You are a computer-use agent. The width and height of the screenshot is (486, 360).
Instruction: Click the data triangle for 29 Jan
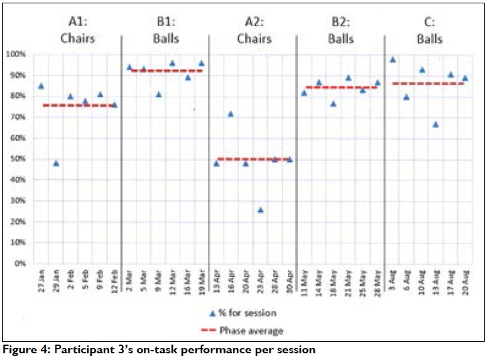tap(56, 163)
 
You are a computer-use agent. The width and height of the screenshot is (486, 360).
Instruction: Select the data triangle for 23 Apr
tap(260, 209)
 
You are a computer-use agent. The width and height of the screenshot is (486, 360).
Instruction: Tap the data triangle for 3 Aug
tap(392, 60)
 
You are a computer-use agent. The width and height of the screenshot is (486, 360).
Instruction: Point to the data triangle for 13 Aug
tap(436, 124)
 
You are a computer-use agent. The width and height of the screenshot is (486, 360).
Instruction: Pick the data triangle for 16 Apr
tap(230, 114)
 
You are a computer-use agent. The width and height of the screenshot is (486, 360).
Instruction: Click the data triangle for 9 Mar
tap(158, 94)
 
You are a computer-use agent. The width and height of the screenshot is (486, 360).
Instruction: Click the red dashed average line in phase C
tap(428, 83)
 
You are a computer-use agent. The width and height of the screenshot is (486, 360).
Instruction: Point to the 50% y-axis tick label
tap(19, 159)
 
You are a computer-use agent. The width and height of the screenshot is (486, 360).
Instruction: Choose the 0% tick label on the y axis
tap(21, 264)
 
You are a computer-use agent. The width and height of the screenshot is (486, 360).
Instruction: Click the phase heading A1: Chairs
tap(78, 31)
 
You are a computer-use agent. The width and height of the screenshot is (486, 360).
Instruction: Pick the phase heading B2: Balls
tap(341, 31)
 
